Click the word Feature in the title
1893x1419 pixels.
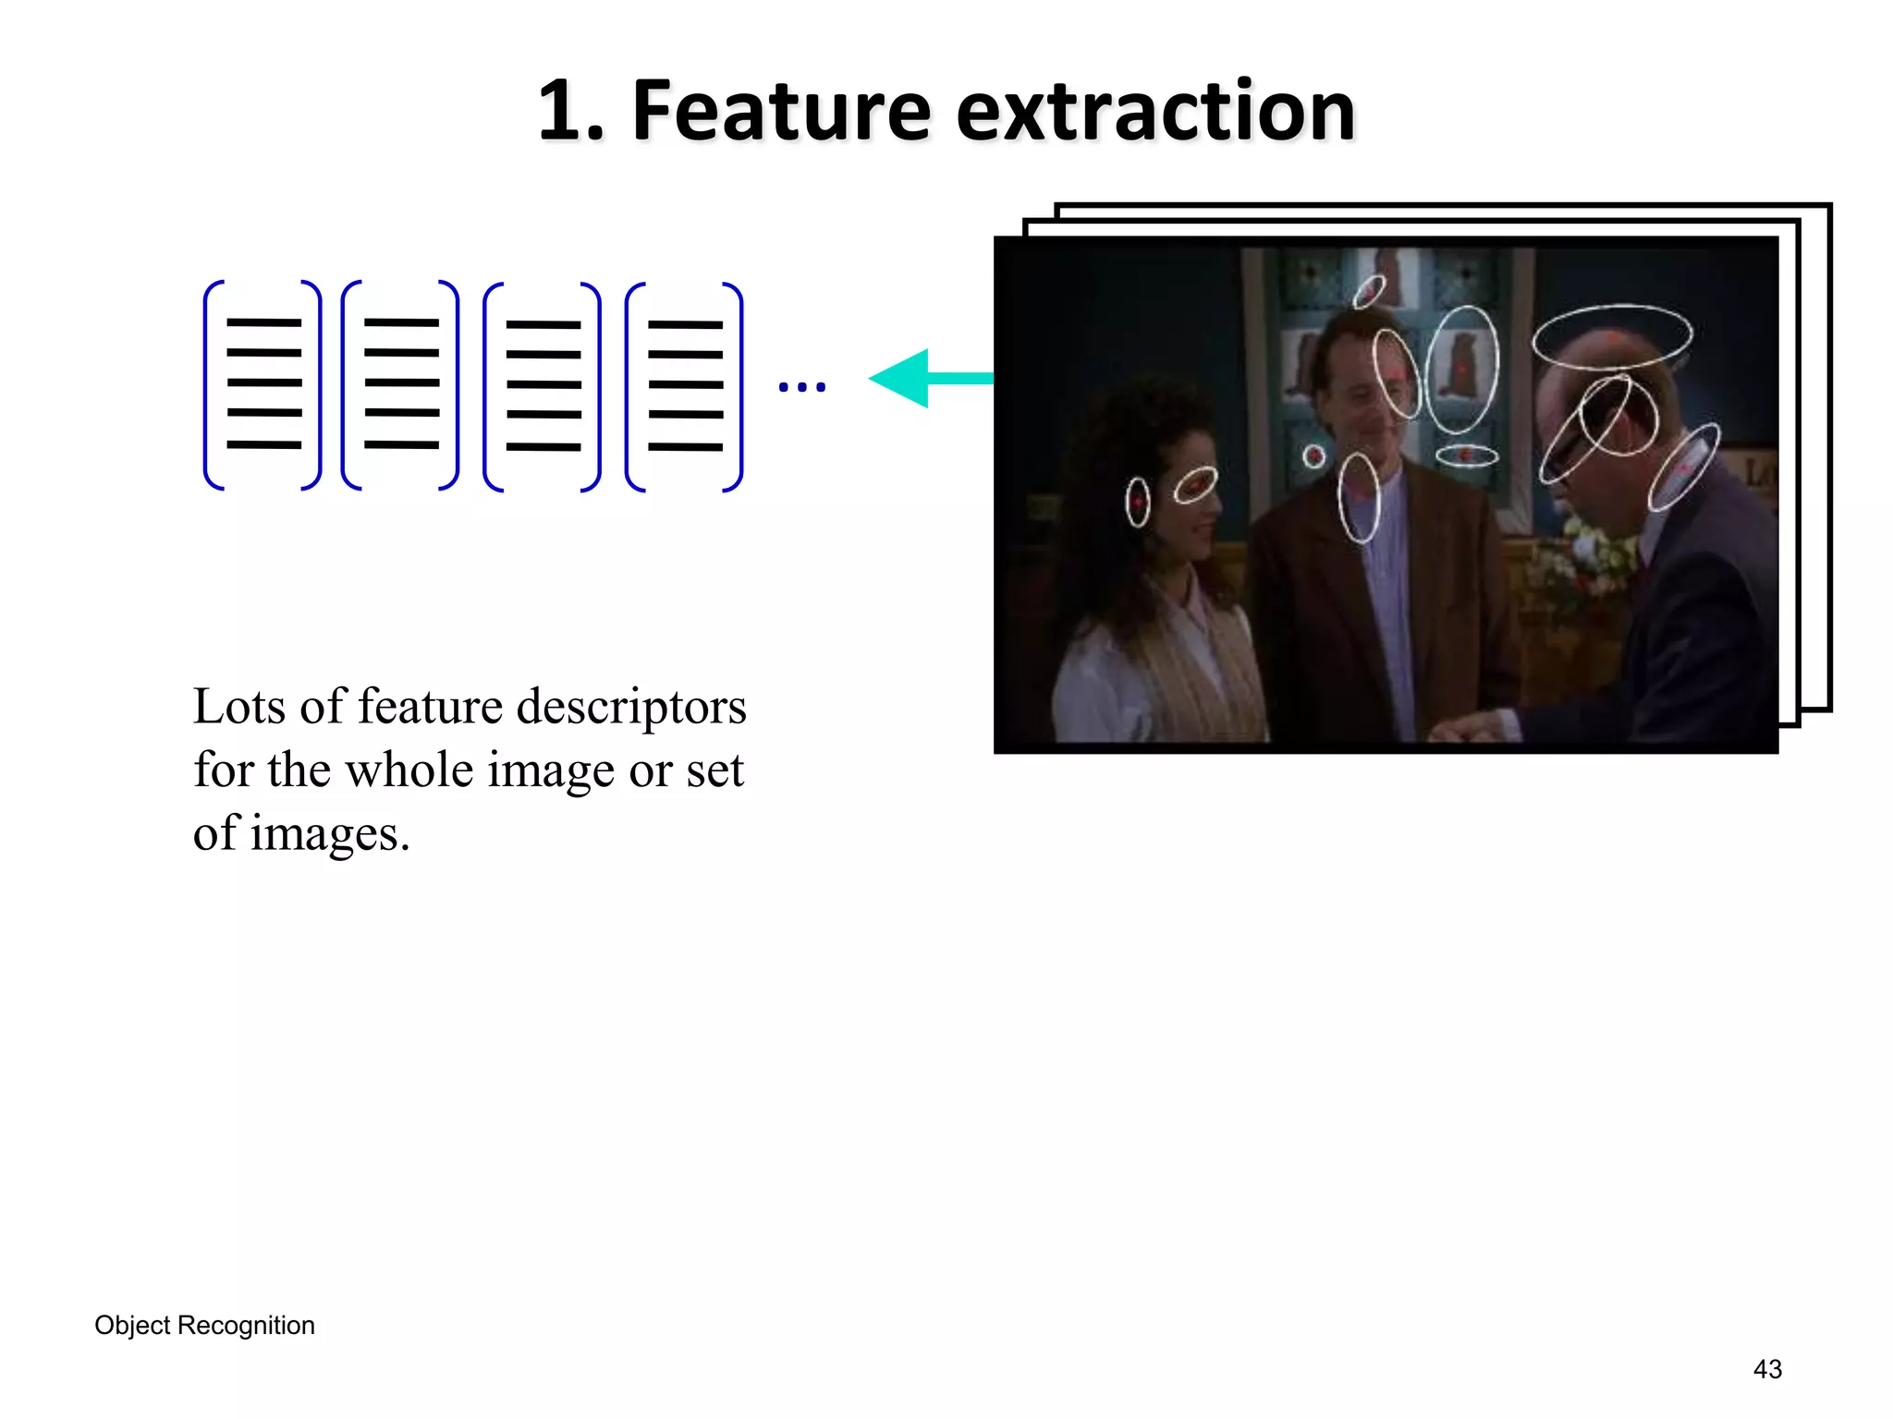pos(780,112)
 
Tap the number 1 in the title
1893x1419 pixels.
pos(560,112)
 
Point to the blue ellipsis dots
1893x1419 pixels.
pos(801,387)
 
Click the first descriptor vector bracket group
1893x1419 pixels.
pos(263,384)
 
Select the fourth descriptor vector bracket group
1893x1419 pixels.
pos(685,386)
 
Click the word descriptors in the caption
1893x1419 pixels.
pos(630,708)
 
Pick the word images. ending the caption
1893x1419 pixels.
pos(329,834)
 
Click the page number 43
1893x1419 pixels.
pos(1767,1369)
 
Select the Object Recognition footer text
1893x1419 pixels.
pos(204,1326)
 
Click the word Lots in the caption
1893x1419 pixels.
pos(238,708)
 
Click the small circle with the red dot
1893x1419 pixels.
pos(1313,455)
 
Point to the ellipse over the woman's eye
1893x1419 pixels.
pos(1195,485)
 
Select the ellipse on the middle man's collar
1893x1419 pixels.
pos(1359,498)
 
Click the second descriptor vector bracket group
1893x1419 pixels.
pos(401,384)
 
